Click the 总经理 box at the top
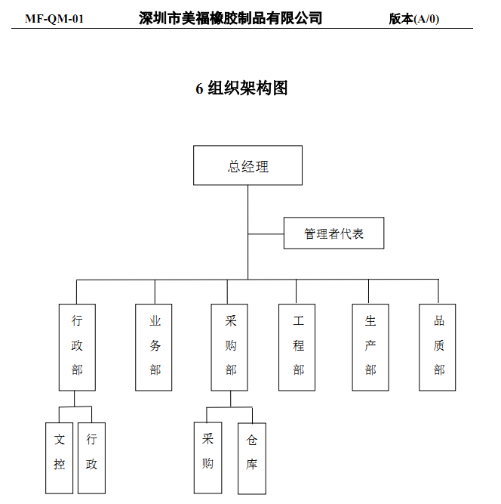pyautogui.click(x=247, y=165)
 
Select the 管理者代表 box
pyautogui.click(x=333, y=233)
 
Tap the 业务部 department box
pyautogui.click(x=155, y=347)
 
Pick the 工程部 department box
pyautogui.click(x=297, y=347)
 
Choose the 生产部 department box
pyautogui.click(x=370, y=347)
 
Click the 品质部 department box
pyautogui.click(x=438, y=347)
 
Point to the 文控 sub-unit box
pyautogui.click(x=60, y=452)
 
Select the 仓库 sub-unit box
pyautogui.click(x=252, y=453)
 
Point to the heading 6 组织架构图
pyautogui.click(x=241, y=88)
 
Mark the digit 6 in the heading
pyautogui.click(x=200, y=89)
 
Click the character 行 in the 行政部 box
pyautogui.click(x=77, y=321)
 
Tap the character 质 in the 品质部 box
pyautogui.click(x=439, y=345)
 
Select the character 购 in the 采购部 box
pyautogui.click(x=231, y=345)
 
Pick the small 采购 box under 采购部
pyautogui.click(x=207, y=451)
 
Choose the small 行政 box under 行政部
pyautogui.click(x=91, y=452)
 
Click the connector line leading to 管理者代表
pyautogui.click(x=266, y=233)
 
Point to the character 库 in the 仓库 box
pyautogui.click(x=252, y=465)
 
